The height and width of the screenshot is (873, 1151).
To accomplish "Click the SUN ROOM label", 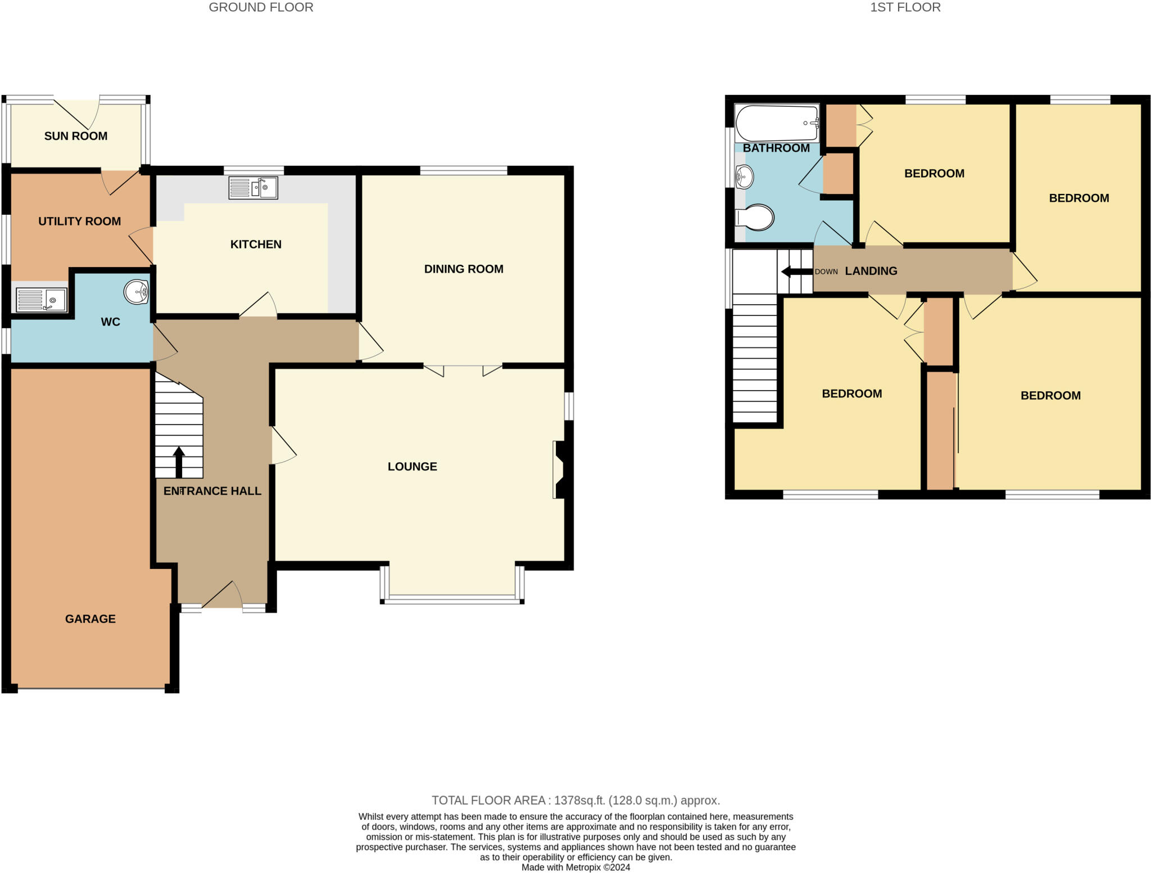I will click(76, 136).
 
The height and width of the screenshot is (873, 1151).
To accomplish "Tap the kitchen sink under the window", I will click(253, 188).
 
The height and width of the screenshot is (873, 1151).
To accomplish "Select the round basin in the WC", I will click(136, 292).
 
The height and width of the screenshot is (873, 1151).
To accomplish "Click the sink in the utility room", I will click(42, 300).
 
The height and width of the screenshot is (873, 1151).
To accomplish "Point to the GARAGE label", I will click(90, 619).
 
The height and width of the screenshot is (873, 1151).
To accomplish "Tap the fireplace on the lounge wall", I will click(560, 469).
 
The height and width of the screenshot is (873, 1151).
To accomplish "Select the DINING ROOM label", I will click(464, 269).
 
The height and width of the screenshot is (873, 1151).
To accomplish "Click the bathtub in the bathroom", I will click(777, 123).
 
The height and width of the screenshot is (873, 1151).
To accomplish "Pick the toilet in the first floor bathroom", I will click(755, 218).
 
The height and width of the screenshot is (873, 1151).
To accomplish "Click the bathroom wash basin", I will click(744, 177).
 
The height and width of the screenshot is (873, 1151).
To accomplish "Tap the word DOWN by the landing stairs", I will click(826, 272).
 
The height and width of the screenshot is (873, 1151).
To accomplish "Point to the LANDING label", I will click(871, 271).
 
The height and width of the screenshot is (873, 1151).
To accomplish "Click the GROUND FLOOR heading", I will click(261, 7).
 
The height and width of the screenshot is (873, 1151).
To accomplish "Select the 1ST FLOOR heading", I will click(905, 7).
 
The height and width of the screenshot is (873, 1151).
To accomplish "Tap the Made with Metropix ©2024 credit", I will click(575, 867).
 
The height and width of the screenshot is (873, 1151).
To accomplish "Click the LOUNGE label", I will click(412, 467).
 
